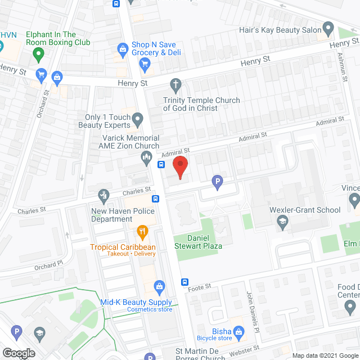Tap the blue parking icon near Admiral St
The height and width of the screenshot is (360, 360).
217,182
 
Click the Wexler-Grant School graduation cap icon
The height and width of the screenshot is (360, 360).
282,223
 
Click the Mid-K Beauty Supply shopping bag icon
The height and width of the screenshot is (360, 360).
159,287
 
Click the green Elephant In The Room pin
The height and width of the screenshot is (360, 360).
38,55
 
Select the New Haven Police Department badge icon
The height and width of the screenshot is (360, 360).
103,195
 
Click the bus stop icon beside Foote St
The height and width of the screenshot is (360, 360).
185,282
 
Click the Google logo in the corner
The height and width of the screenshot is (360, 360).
18,353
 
